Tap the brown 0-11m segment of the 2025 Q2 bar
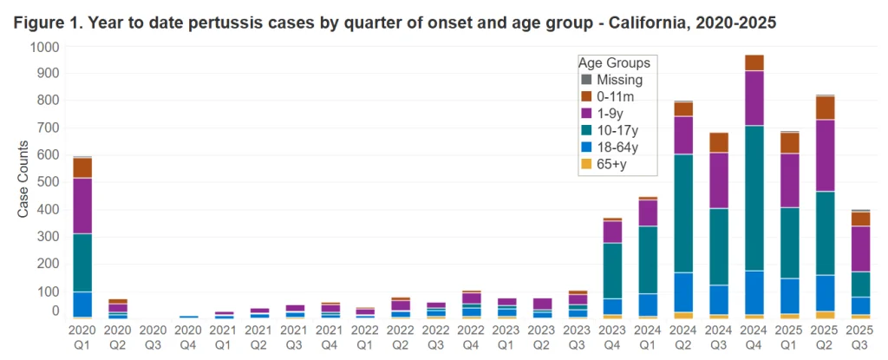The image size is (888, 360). pyautogui.click(x=822, y=108)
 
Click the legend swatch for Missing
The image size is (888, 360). pyautogui.click(x=586, y=81)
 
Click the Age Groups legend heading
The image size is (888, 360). pyautogui.click(x=614, y=63)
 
